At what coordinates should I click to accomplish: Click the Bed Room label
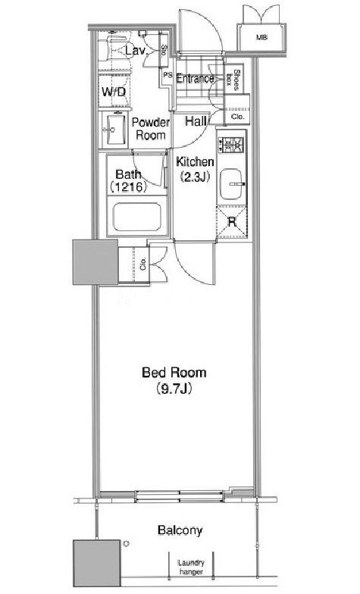point(174,373)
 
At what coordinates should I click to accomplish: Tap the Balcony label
point(180,530)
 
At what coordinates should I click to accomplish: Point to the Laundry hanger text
point(191,567)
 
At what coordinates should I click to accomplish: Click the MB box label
point(261,38)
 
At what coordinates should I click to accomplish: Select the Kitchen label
point(196,162)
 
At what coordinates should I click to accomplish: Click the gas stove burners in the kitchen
point(232,144)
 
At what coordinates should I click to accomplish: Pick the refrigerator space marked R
point(232,221)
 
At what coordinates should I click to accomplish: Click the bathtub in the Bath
point(136,217)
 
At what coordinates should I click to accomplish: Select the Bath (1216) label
point(128,180)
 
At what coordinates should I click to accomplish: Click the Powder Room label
point(151,129)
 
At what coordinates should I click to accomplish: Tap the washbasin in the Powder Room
point(115,129)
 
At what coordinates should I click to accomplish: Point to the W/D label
point(114,92)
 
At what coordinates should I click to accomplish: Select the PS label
point(167,75)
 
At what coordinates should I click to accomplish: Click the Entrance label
point(196,79)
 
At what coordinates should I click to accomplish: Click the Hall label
point(196,121)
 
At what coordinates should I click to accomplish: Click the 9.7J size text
point(174,389)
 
